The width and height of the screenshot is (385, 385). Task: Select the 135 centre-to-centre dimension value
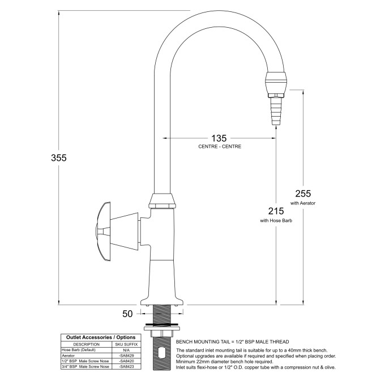tap(219, 138)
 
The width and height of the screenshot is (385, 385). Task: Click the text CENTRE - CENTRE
tap(220, 147)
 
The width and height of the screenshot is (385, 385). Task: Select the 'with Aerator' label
tap(302, 202)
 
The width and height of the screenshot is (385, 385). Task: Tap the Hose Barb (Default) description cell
tap(79, 350)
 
